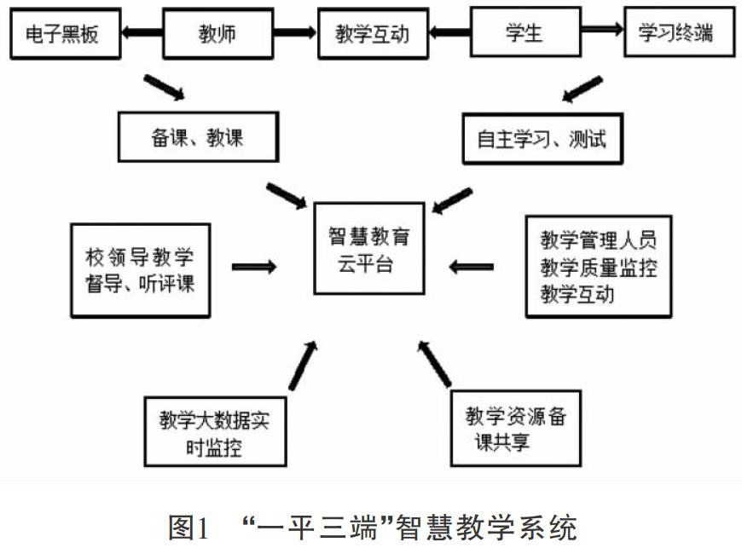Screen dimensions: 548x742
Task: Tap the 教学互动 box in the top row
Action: click(x=373, y=35)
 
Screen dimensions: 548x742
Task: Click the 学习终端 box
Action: click(x=676, y=35)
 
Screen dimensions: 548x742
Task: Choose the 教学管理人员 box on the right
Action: click(x=598, y=266)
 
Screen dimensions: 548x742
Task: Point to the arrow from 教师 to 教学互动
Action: click(x=289, y=35)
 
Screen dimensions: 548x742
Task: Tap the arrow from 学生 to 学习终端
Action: click(x=594, y=35)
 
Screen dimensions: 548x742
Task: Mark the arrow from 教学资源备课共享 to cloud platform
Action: click(x=434, y=362)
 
